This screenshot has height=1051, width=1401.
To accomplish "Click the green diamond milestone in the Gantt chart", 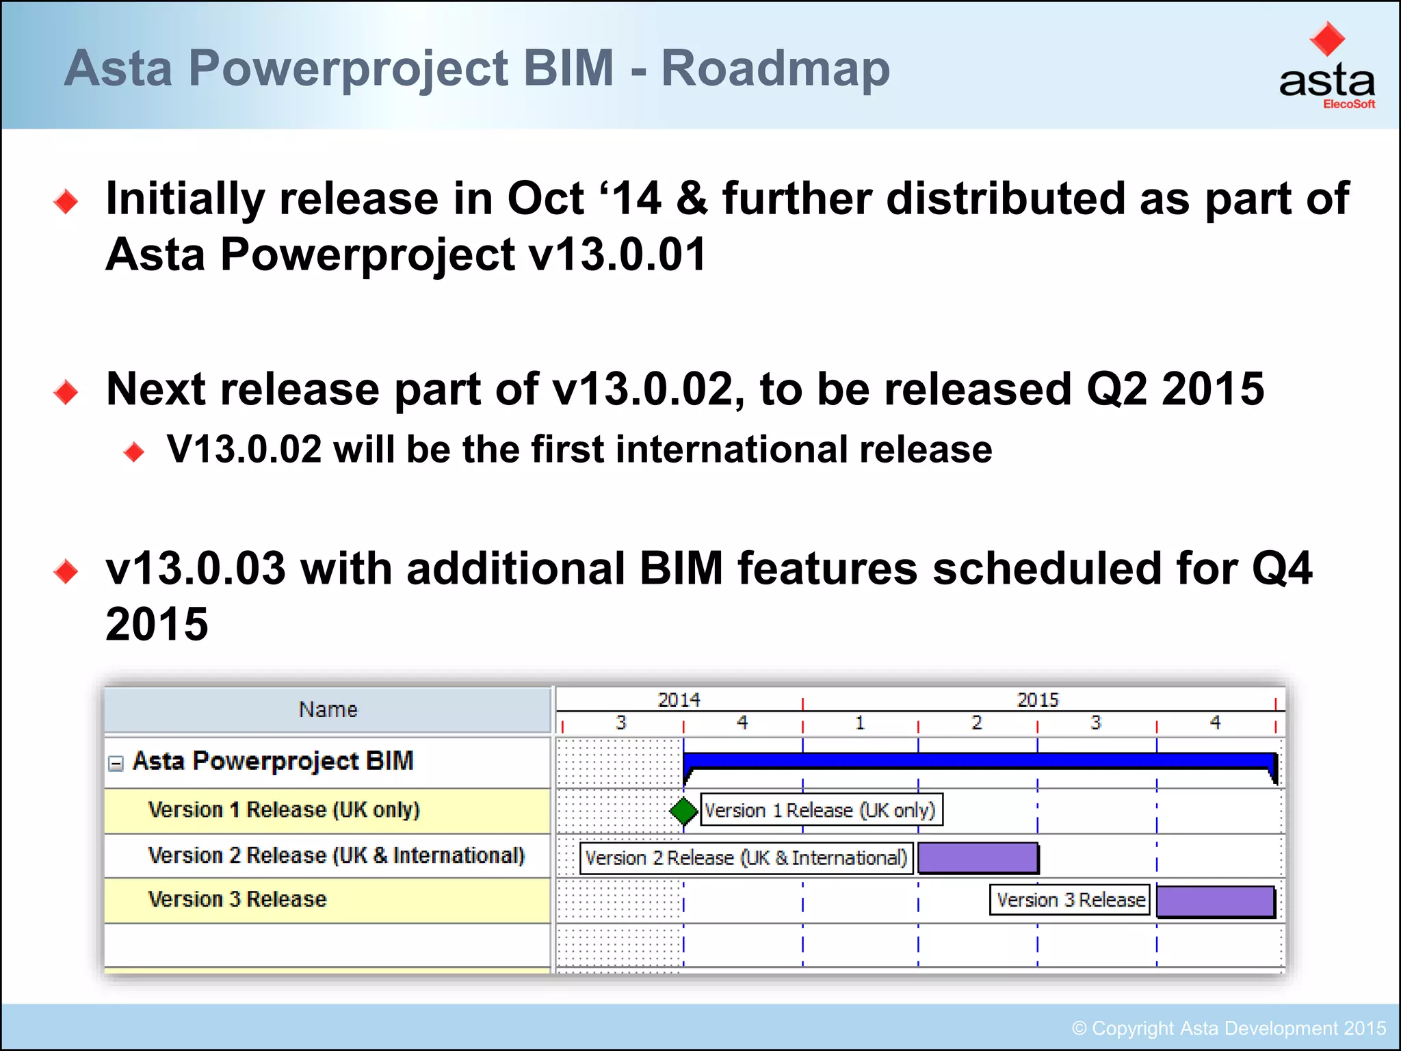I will (683, 811).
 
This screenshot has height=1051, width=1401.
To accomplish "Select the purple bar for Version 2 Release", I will (978, 857).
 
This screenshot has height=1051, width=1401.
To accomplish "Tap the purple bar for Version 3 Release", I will (1215, 901).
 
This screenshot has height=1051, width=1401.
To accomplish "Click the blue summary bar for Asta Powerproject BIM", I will (978, 761).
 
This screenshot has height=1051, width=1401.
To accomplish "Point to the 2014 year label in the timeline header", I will (679, 700).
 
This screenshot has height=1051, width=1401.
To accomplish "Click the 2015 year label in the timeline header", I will (1038, 700).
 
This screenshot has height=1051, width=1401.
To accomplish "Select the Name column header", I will (328, 710).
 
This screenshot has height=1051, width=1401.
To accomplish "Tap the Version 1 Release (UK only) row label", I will (283, 810).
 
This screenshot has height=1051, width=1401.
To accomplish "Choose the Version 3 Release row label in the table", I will (237, 899).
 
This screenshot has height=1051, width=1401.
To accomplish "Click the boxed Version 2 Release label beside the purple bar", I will (746, 858).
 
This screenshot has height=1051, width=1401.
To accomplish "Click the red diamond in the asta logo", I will (1327, 39).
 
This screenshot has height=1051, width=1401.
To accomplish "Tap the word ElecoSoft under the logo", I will (1348, 105).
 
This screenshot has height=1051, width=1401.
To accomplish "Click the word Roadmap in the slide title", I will (775, 68).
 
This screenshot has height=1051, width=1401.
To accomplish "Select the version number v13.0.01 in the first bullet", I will (618, 255).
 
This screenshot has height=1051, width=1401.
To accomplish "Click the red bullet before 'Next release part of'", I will (66, 392).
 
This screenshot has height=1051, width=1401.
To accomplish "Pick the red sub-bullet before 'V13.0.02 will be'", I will (134, 452).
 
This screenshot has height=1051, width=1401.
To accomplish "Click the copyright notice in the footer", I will (1229, 1028).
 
